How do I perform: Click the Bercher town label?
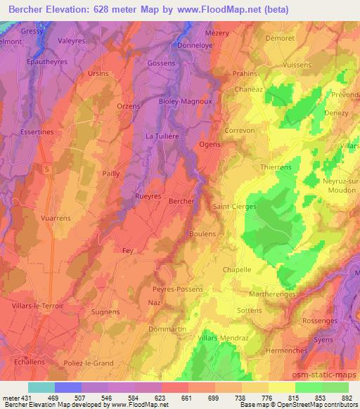pos(181,201)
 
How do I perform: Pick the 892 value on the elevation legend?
pos(347,397)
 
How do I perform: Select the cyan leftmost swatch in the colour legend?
pos(41,387)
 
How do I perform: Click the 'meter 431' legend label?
pos(14,397)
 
